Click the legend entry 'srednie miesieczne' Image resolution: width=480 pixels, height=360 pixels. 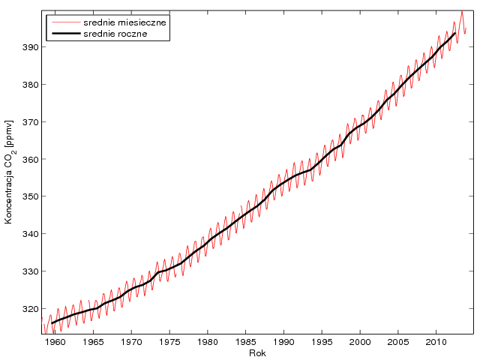[124, 22]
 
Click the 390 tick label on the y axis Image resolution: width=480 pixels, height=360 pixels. [30, 47]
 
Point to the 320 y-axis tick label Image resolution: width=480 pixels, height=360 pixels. [30, 308]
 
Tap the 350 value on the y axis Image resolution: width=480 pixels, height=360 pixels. [30, 196]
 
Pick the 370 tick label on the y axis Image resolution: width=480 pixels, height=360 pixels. [30, 121]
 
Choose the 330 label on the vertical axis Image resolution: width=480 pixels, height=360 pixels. [30, 271]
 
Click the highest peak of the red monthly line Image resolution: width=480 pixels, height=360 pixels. [461, 11]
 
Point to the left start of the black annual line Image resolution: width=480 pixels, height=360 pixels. [52, 323]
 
